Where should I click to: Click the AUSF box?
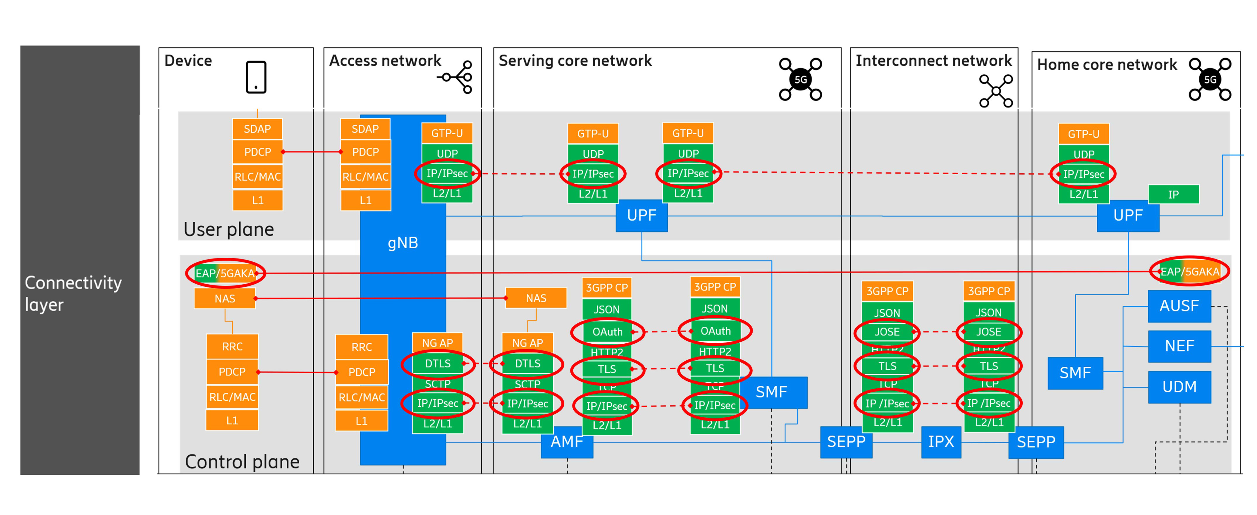pos(1179,306)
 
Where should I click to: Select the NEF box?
pos(1179,346)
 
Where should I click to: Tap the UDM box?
pos(1179,387)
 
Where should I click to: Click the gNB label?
pos(403,243)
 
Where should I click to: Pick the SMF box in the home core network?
pos(1075,373)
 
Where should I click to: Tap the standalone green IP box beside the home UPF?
pos(1173,194)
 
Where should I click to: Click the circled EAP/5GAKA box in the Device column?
pos(225,273)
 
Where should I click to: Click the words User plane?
pos(228,229)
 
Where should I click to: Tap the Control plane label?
pos(242,461)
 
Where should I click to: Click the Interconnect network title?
pos(933,61)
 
